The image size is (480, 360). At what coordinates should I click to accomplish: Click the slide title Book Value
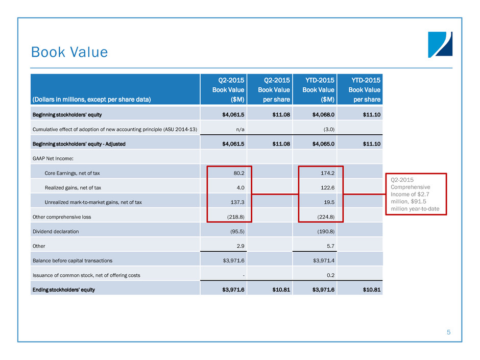tap(69, 53)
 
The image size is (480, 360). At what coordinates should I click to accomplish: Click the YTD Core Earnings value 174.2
tap(326, 173)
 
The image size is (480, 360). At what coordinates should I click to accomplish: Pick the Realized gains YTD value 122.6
tap(326, 187)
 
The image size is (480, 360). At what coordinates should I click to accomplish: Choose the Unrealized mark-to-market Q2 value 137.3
tap(235, 202)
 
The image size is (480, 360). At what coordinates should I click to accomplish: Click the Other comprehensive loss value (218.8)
tap(233, 217)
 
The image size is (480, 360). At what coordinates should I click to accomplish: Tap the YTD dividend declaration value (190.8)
tap(324, 231)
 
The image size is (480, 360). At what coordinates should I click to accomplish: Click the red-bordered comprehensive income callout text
tap(414, 195)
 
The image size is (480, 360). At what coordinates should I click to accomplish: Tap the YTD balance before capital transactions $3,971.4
tap(321, 260)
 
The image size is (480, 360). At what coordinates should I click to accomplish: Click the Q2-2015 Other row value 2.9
tap(237, 246)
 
